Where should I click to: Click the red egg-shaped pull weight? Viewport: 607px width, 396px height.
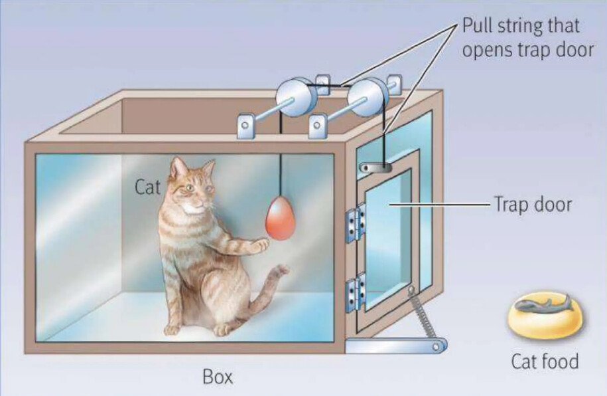click(280, 219)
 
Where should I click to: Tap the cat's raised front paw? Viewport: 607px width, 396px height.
click(261, 245)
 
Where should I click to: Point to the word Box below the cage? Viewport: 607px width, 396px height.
click(218, 377)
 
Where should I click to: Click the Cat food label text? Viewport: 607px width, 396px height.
click(545, 361)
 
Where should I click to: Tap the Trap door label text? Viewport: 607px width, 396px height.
click(533, 205)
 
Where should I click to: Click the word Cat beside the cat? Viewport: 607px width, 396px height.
click(147, 187)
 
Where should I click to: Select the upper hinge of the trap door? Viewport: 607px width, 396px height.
click(356, 223)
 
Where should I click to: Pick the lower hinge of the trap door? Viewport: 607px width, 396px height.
click(356, 292)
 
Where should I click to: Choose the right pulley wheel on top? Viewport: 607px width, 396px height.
click(365, 97)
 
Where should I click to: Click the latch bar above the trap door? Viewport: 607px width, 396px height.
click(375, 167)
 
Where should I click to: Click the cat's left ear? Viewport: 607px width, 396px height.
click(177, 166)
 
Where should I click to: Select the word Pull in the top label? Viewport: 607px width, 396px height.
click(477, 26)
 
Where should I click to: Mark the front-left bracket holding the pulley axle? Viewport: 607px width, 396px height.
click(246, 126)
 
